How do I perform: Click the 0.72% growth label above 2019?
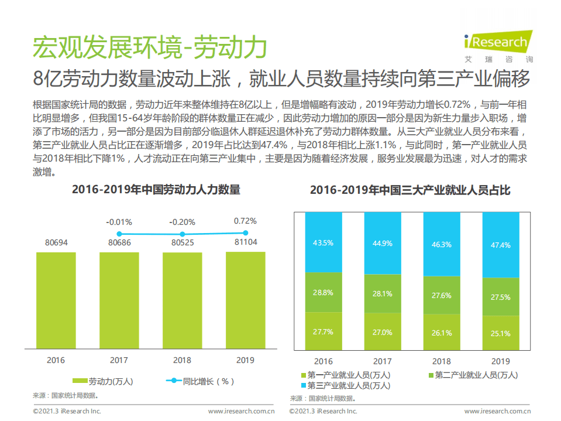click(245, 221)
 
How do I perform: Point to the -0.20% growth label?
click(183, 222)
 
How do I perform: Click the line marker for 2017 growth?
click(119, 234)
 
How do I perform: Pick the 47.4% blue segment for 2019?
click(501, 245)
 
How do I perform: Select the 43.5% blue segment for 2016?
click(323, 242)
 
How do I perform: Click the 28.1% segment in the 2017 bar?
click(383, 294)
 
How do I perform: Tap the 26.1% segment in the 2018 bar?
click(442, 333)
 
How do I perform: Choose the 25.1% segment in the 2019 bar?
click(501, 333)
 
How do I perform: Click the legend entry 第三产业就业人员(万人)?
click(346, 385)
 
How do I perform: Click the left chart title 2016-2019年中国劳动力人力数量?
click(156, 190)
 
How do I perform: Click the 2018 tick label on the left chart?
click(183, 360)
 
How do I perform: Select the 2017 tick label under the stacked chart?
click(383, 361)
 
